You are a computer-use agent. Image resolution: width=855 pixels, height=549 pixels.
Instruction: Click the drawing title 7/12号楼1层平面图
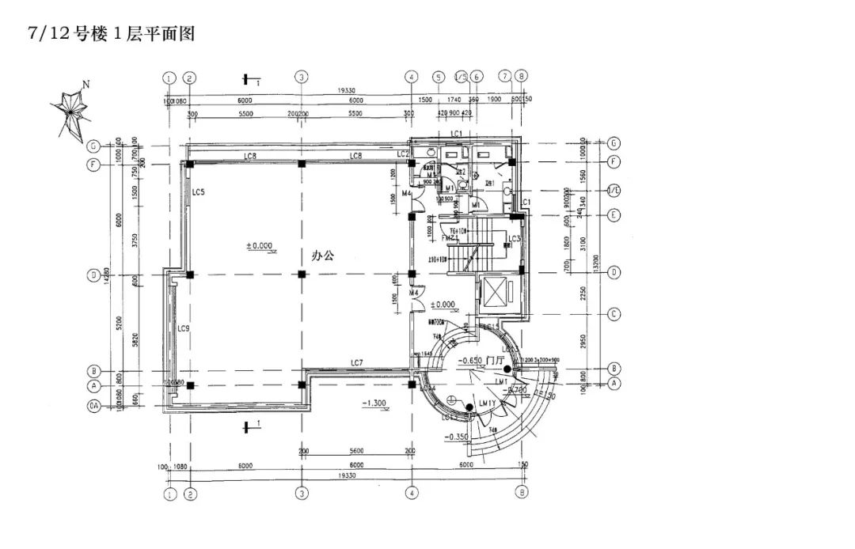(x=111, y=34)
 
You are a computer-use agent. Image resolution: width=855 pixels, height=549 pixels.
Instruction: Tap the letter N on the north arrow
(x=87, y=84)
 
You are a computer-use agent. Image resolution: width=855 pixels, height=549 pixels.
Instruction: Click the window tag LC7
(x=357, y=363)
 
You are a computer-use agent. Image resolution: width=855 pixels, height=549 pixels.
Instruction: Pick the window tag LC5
(x=199, y=192)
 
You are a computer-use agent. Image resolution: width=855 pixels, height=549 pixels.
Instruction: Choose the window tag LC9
(x=183, y=328)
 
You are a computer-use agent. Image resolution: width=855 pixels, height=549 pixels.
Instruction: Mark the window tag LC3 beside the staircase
(x=514, y=239)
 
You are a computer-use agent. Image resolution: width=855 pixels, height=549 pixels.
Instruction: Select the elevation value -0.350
(x=458, y=437)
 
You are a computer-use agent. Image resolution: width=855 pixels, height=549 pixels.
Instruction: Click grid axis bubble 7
(x=504, y=77)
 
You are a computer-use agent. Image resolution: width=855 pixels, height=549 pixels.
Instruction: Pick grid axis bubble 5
(x=438, y=77)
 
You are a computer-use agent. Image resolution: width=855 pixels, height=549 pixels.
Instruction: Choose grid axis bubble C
(x=614, y=314)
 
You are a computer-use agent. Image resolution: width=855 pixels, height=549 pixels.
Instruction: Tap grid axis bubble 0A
(x=93, y=407)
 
